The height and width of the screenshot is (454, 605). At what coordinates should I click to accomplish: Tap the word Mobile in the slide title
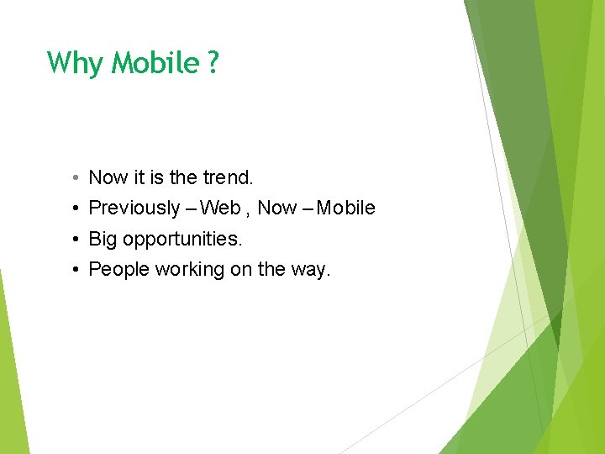(155, 63)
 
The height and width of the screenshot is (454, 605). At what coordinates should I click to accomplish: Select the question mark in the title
(212, 63)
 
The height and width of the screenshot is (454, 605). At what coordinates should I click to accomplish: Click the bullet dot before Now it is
(75, 178)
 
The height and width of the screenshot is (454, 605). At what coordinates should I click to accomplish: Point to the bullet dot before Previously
(75, 209)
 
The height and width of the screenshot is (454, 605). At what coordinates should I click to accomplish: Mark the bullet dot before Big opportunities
(75, 239)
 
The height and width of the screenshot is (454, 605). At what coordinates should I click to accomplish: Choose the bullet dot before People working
(75, 270)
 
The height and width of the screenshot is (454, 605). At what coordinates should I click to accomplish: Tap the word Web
(220, 208)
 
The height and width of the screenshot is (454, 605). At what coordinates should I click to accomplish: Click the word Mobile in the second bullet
(346, 208)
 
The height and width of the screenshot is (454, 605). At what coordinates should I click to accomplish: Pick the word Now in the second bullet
(277, 208)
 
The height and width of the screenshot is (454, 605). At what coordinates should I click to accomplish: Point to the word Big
(103, 239)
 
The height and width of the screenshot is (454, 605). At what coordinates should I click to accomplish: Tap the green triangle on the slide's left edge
(10, 378)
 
